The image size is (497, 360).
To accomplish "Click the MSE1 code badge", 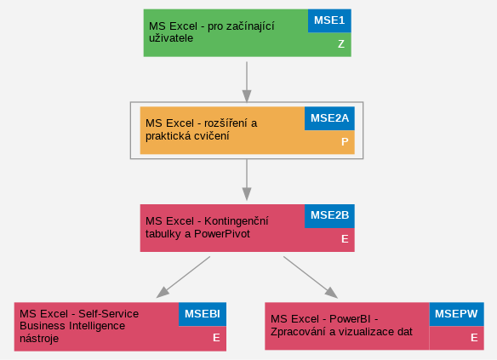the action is pyautogui.click(x=329, y=20).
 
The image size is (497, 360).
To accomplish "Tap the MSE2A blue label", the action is pyautogui.click(x=329, y=118).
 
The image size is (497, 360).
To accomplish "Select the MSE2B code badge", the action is pyautogui.click(x=329, y=216).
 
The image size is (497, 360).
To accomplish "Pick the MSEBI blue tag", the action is pyautogui.click(x=203, y=314).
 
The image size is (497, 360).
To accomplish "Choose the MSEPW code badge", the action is pyautogui.click(x=456, y=314).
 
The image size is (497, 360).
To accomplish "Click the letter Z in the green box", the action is pyautogui.click(x=341, y=44).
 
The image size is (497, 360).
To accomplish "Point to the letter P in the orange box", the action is pyautogui.click(x=345, y=141).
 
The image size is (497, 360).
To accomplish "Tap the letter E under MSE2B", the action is pyautogui.click(x=345, y=239).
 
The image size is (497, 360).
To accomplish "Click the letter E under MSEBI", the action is pyautogui.click(x=216, y=338).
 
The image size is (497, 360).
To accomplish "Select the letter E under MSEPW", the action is pyautogui.click(x=474, y=338).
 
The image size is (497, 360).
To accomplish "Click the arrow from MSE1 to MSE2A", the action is pyautogui.click(x=247, y=82).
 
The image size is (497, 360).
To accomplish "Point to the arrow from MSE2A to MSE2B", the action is pyautogui.click(x=247, y=180).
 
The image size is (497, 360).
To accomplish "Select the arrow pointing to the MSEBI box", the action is pyautogui.click(x=183, y=277).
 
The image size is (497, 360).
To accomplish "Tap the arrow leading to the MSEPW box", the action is pyautogui.click(x=311, y=277).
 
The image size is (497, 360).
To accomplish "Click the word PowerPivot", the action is pyautogui.click(x=222, y=234).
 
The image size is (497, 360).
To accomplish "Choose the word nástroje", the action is pyautogui.click(x=39, y=339).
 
